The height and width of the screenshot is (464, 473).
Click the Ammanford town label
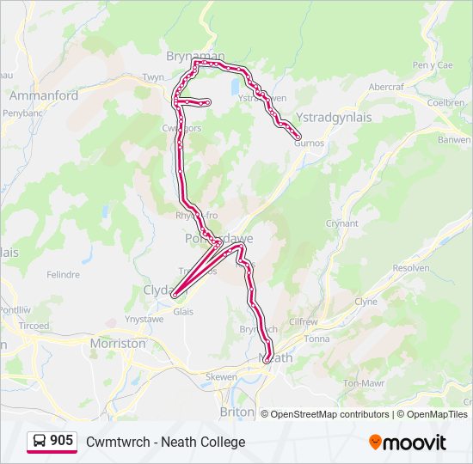click(x=44, y=95)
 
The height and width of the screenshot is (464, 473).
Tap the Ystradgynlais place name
click(x=334, y=118)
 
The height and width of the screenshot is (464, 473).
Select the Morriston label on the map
click(x=118, y=343)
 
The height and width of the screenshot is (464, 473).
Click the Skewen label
click(x=221, y=377)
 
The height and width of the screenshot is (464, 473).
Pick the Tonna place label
click(x=317, y=339)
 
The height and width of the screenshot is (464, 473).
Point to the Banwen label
click(x=453, y=139)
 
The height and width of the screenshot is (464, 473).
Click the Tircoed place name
click(x=34, y=327)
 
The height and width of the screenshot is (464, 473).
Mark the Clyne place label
click(x=366, y=302)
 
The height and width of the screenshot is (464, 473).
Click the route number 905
click(x=61, y=441)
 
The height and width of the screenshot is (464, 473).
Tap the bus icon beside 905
click(x=39, y=442)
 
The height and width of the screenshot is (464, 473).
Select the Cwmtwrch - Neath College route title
click(x=165, y=442)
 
